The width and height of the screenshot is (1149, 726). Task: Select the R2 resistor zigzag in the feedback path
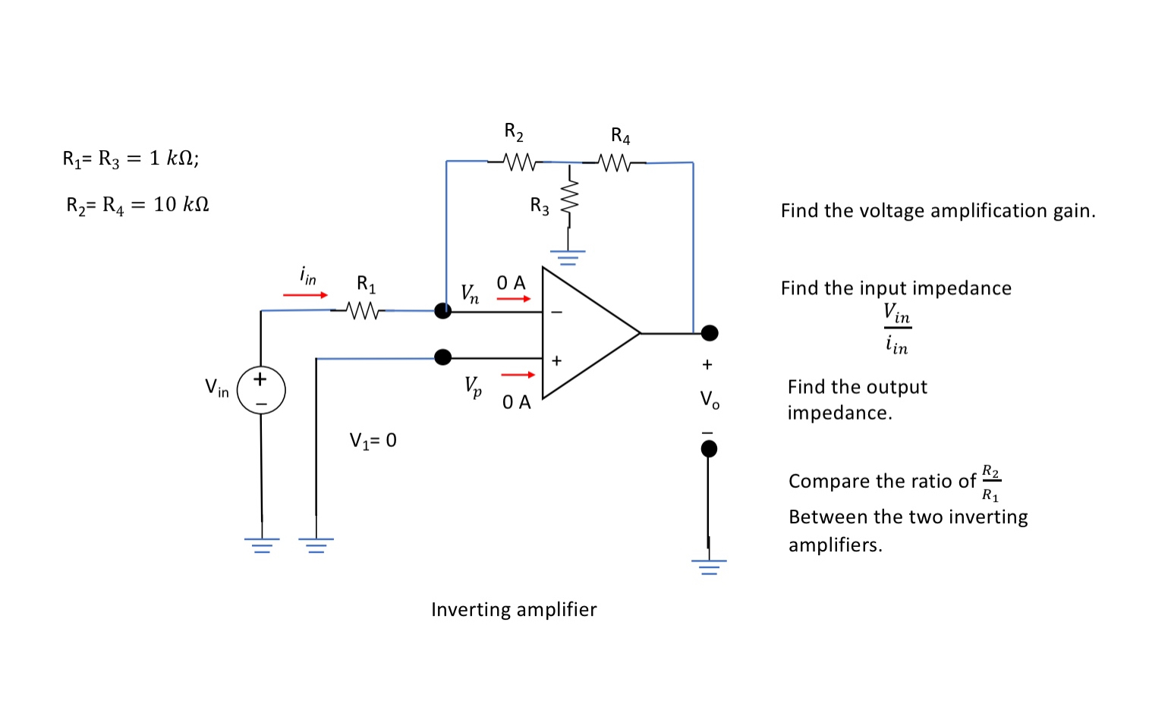(520, 162)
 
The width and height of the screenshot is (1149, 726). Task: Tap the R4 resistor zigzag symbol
(614, 162)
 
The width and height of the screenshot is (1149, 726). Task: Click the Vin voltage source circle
(261, 390)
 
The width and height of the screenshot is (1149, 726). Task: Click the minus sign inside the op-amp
(556, 312)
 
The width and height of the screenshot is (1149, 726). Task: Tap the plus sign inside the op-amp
(556, 361)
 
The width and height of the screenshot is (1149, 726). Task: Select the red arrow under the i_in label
(305, 294)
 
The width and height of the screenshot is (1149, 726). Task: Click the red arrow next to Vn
(514, 299)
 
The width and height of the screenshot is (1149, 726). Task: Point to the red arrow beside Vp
(518, 374)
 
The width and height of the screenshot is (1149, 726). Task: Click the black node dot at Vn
(442, 310)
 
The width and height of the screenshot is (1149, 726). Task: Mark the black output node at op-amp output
(709, 332)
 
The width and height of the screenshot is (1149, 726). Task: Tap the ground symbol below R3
(568, 256)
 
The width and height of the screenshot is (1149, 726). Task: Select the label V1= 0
(373, 441)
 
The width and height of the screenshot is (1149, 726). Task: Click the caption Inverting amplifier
(514, 610)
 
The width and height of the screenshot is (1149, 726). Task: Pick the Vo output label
(710, 399)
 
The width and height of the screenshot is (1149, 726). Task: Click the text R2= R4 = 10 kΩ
(137, 205)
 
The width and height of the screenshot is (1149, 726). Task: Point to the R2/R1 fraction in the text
(990, 483)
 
